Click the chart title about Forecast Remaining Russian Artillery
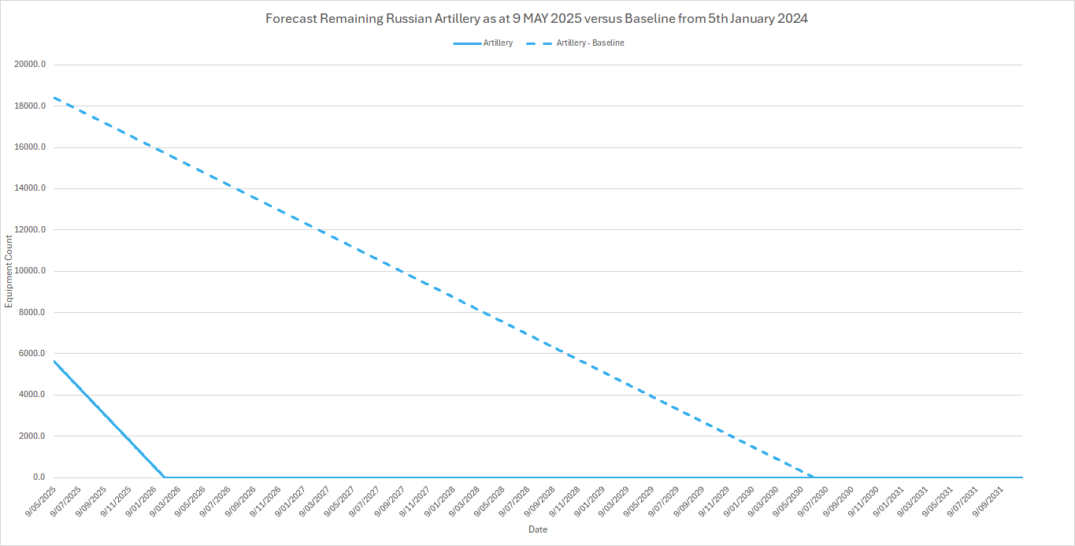537,19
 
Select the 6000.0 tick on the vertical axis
32,354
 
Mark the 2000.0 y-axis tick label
32,436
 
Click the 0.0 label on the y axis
39,477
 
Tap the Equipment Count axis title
9,271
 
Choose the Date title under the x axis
538,530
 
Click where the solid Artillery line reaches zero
165,477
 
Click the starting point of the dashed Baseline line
54,98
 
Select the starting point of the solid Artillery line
54,361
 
